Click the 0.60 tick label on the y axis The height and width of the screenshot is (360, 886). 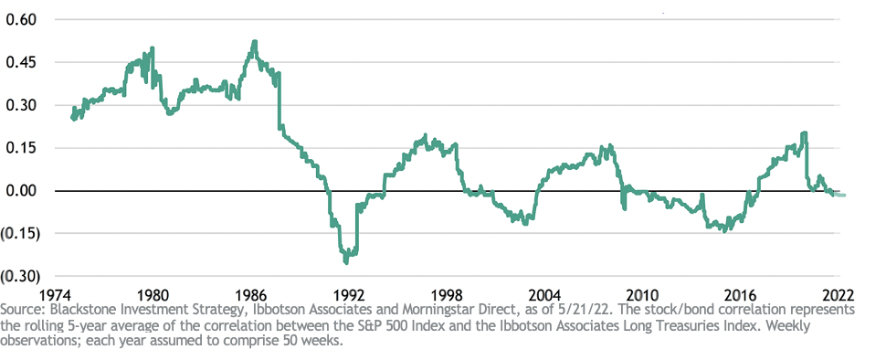(x=20, y=20)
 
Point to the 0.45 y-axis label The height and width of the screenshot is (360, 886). (x=20, y=63)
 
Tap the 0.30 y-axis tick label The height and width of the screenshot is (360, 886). (x=20, y=106)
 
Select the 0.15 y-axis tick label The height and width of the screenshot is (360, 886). (x=20, y=149)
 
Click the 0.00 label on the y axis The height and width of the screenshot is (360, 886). (x=20, y=191)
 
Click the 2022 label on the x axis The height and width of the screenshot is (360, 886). (x=838, y=295)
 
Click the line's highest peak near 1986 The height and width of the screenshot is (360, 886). (x=255, y=42)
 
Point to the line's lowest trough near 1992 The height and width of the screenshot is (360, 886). (x=346, y=261)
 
